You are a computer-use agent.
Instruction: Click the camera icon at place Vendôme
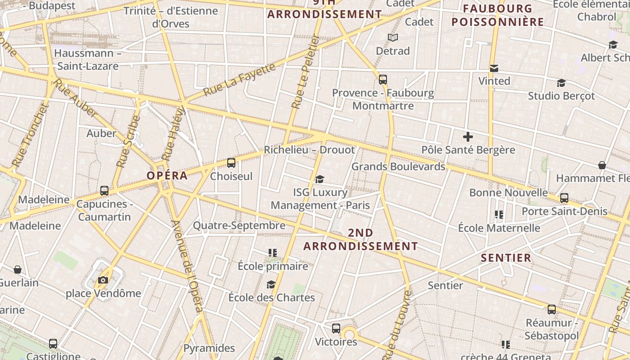tap(103, 280)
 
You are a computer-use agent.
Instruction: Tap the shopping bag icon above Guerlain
tap(18, 270)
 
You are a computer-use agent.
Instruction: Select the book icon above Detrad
tap(393, 37)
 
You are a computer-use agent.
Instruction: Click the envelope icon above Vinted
tap(494, 68)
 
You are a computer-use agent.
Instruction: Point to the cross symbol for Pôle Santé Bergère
tap(468, 136)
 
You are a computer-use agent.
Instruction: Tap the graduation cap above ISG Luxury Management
tap(319, 180)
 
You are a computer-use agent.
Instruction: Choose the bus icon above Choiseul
tap(231, 163)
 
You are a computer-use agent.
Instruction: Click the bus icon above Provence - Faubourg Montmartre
tap(383, 80)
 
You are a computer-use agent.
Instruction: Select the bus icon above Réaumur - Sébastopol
tap(552, 309)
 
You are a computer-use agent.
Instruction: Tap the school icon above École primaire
tap(273, 253)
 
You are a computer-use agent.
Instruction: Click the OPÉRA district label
tap(167, 175)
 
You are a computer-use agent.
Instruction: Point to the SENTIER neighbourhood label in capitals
tap(506, 258)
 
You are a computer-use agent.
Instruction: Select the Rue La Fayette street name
tap(239, 80)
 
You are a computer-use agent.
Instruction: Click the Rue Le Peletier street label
tap(305, 72)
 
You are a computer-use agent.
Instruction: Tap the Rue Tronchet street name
tap(30, 135)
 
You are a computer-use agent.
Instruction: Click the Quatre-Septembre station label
tap(239, 225)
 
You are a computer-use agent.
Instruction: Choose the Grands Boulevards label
tap(398, 166)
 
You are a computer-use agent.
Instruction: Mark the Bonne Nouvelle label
tap(508, 193)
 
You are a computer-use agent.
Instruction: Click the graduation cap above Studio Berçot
tap(561, 83)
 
